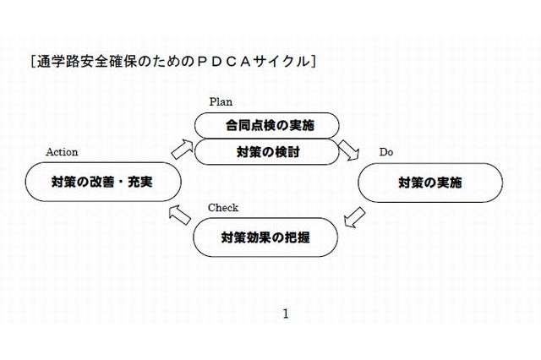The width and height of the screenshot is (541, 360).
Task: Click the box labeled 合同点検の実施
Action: click(x=267, y=126)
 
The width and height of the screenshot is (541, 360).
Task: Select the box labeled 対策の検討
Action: click(x=267, y=153)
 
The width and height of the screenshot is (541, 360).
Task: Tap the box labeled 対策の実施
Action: click(x=431, y=182)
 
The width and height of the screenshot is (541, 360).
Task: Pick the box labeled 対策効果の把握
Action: click(x=265, y=237)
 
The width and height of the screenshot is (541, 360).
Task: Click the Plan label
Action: click(x=221, y=101)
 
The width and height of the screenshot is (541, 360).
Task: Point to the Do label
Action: click(x=385, y=152)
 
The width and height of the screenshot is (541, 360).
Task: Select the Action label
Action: click(x=62, y=152)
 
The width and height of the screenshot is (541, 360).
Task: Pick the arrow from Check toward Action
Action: click(x=178, y=215)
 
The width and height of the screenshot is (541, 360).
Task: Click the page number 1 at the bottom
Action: click(x=285, y=314)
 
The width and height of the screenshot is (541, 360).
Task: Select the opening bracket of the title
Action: click(x=31, y=62)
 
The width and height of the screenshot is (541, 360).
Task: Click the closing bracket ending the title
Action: click(x=314, y=62)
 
